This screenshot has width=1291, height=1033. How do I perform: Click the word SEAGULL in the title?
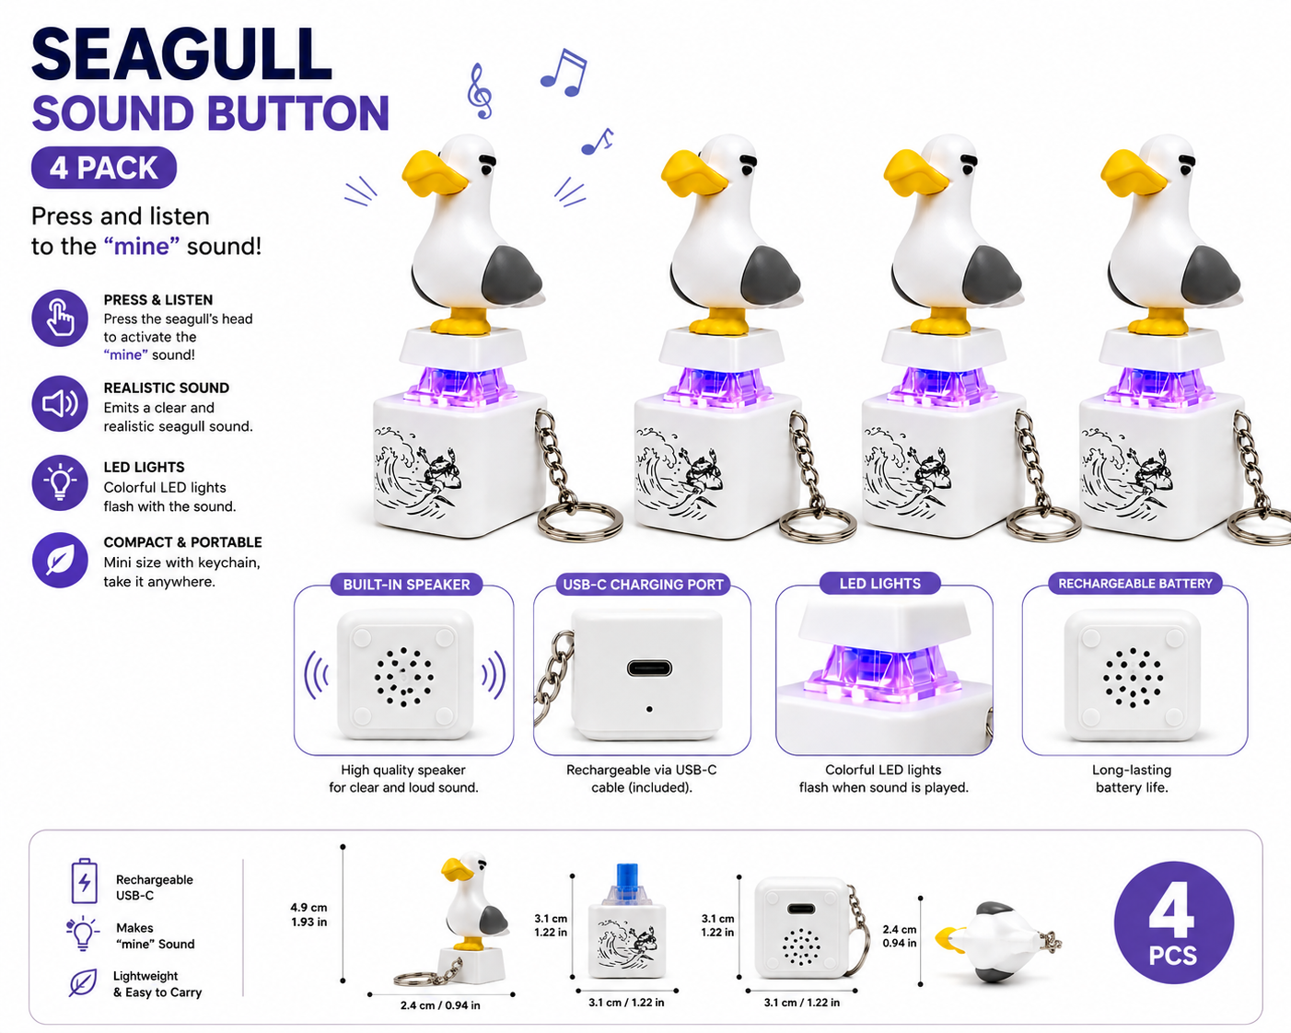[x=181, y=54]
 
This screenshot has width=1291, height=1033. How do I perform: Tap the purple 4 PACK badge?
[x=104, y=168]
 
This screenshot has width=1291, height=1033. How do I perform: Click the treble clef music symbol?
[x=480, y=90]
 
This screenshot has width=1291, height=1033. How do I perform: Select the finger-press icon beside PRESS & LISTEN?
[x=60, y=319]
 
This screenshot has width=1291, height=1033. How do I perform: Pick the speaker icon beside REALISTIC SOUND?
[x=60, y=404]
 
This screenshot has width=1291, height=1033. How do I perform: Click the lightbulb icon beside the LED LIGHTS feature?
[x=60, y=483]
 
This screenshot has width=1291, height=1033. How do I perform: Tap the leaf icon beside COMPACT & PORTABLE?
[x=60, y=561]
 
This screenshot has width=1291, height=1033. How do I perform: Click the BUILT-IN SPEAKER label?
[x=406, y=585]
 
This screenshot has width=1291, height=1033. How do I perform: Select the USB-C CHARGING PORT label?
[x=643, y=585]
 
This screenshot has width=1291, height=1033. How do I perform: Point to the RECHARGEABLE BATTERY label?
[x=1135, y=583]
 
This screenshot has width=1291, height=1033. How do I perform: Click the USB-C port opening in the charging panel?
[x=649, y=667]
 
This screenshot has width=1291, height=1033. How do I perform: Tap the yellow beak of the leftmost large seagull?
[x=433, y=175]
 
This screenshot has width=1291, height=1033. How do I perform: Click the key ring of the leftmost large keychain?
[x=579, y=519]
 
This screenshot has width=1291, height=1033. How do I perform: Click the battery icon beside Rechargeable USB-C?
[x=84, y=881]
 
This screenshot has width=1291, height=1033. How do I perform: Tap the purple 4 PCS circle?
[x=1173, y=923]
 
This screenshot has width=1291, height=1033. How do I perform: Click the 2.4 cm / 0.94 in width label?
[x=440, y=1005]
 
